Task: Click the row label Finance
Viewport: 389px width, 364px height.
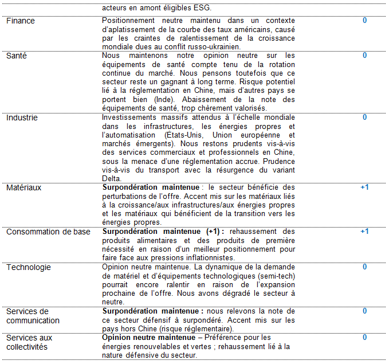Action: pos(21,21)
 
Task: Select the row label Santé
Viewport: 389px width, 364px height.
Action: pos(17,56)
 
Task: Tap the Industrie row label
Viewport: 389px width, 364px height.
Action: pos(22,118)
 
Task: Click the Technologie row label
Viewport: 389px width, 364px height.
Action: pos(29,267)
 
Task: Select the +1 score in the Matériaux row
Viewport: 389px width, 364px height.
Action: pos(364,187)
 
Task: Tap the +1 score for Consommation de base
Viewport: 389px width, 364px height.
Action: pos(364,232)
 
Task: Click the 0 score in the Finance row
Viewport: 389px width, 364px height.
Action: pos(364,21)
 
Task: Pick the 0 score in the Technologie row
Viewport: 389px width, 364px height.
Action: pos(364,267)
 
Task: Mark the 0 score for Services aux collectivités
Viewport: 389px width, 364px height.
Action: pos(364,338)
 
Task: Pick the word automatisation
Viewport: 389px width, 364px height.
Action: pos(132,135)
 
